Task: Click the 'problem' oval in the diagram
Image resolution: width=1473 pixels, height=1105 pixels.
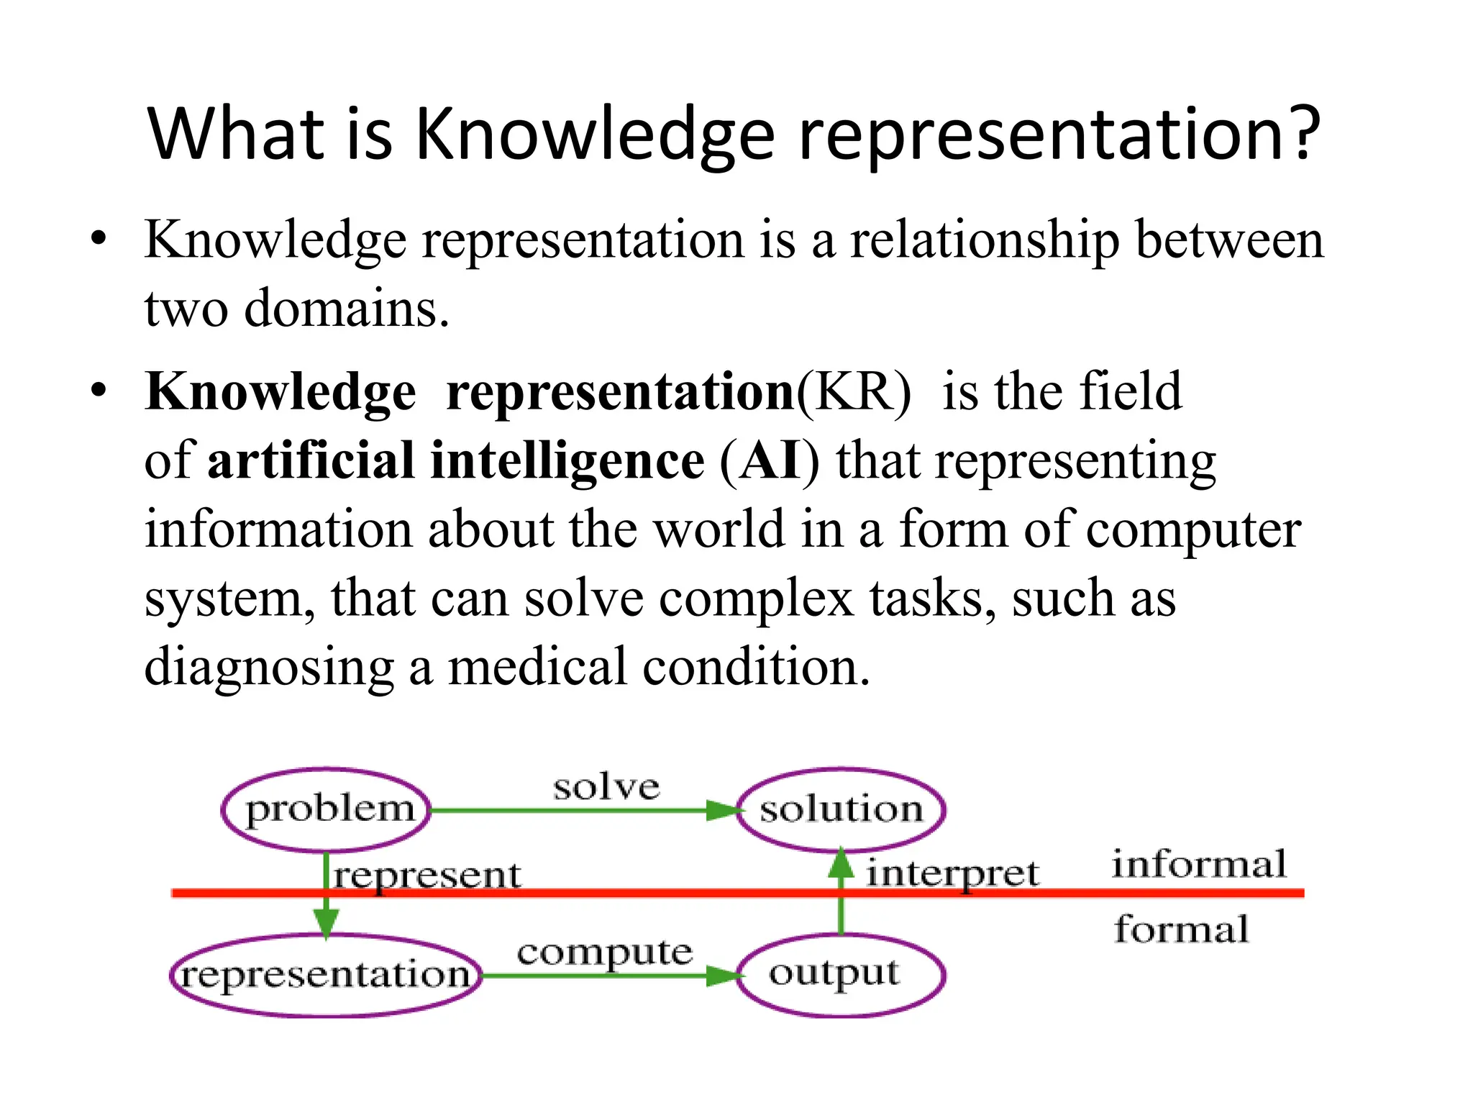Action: (x=327, y=810)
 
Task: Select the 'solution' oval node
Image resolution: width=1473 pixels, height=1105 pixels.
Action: (x=841, y=810)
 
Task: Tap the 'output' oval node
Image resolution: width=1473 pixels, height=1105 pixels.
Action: (x=841, y=975)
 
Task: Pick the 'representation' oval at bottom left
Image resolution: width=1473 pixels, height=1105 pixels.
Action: (x=325, y=976)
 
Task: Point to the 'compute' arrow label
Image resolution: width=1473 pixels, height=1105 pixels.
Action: (x=604, y=952)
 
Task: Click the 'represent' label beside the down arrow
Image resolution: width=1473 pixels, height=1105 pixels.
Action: (x=427, y=876)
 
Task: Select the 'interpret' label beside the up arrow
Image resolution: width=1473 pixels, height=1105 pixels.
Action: (x=952, y=874)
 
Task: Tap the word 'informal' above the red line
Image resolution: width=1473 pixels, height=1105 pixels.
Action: (x=1199, y=864)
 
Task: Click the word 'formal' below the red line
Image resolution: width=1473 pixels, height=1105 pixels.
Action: (x=1181, y=929)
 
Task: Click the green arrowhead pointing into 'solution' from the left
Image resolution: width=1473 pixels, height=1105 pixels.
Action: (x=723, y=811)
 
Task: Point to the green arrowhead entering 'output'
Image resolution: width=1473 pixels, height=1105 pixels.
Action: (x=723, y=976)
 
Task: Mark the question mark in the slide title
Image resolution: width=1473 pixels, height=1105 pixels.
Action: (x=1303, y=133)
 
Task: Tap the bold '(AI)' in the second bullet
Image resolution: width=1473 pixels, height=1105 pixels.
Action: (x=769, y=460)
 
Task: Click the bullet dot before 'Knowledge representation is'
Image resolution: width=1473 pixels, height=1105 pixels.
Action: (x=99, y=239)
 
